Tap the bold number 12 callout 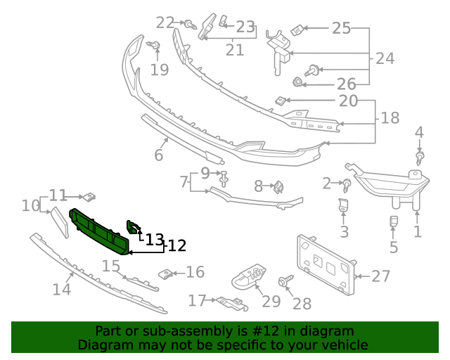point(176,245)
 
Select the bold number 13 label point(155,240)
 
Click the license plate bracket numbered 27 point(326,264)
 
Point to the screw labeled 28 point(285,280)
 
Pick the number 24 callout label point(385,58)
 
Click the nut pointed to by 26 point(297,82)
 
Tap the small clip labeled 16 point(166,274)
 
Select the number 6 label point(159,155)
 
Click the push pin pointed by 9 point(224,179)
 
